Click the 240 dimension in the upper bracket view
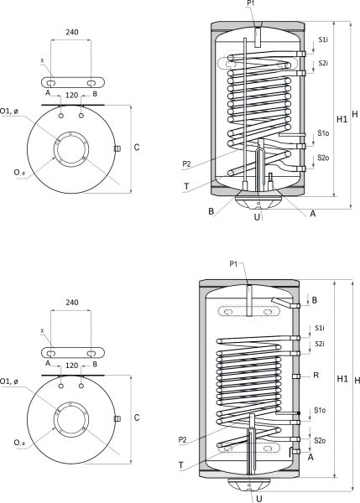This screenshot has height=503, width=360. click(71, 32)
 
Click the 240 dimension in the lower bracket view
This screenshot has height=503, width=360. click(71, 303)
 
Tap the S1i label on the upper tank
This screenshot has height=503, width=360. click(323, 39)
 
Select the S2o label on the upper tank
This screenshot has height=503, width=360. click(323, 158)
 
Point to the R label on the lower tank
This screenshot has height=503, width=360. click(316, 376)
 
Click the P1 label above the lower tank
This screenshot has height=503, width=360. click(233, 264)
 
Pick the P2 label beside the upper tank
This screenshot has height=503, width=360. click(186, 164)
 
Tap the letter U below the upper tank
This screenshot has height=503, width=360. click(257, 217)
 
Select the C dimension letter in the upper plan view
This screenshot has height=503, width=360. click(137, 148)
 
